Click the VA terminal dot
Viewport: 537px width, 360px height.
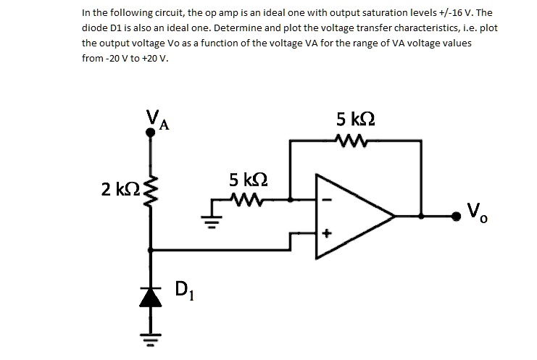(x=151, y=133)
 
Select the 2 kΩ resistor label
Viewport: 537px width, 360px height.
(x=119, y=190)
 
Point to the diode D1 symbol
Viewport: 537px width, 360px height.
(x=151, y=297)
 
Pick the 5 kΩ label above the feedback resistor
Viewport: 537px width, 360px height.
(x=356, y=118)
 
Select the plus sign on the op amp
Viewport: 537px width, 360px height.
(x=326, y=234)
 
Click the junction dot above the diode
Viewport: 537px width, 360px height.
(x=151, y=251)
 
